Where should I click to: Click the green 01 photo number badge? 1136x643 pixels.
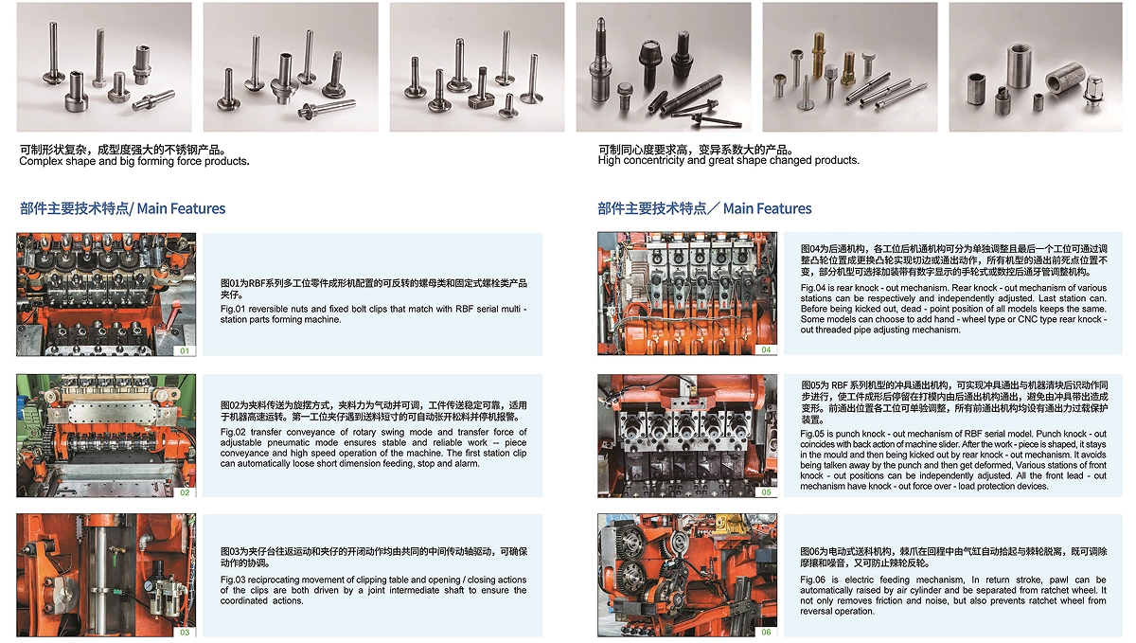pyautogui.click(x=185, y=350)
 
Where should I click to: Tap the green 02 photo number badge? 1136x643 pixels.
pyautogui.click(x=185, y=492)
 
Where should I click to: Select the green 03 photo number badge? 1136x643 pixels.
pyautogui.click(x=185, y=632)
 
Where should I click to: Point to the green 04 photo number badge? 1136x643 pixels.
pyautogui.click(x=766, y=349)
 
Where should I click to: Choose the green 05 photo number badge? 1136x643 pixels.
pyautogui.click(x=766, y=492)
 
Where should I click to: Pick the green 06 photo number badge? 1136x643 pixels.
pyautogui.click(x=766, y=632)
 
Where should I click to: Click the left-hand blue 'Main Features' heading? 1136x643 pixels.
pyautogui.click(x=181, y=208)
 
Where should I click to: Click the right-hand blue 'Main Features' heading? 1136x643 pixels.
pyautogui.click(x=767, y=208)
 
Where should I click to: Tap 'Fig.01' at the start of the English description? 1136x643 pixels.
pyautogui.click(x=232, y=309)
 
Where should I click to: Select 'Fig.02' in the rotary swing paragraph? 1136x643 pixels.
pyautogui.click(x=233, y=433)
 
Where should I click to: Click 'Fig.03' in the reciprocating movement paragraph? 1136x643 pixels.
pyautogui.click(x=233, y=580)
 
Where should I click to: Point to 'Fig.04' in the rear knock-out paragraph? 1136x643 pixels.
pyautogui.click(x=813, y=288)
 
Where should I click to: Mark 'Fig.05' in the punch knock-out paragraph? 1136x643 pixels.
pyautogui.click(x=813, y=434)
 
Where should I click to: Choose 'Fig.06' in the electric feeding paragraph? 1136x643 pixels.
pyautogui.click(x=813, y=580)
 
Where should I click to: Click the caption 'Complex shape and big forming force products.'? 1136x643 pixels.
pyautogui.click(x=134, y=161)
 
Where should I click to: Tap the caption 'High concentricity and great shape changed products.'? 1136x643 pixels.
pyautogui.click(x=729, y=160)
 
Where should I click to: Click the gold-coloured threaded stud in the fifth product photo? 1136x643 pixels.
pyautogui.click(x=818, y=54)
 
